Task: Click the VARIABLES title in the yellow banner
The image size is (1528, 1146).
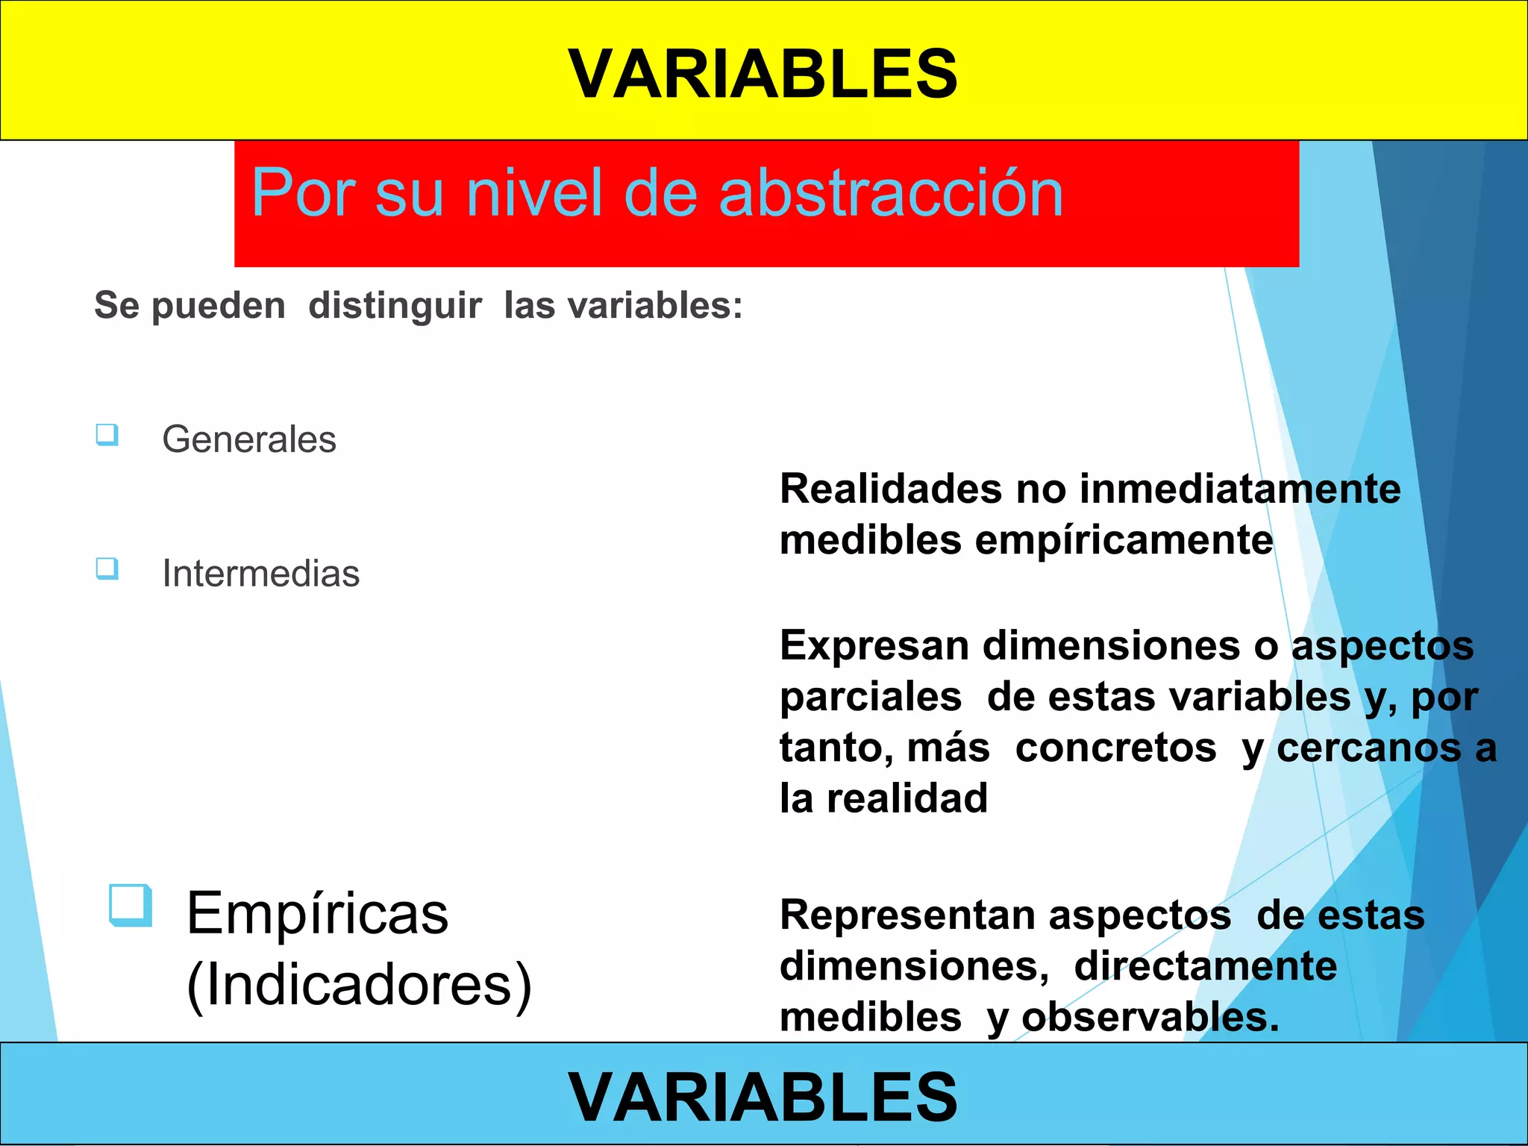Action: (x=763, y=73)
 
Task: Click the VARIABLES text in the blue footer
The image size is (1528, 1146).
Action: (x=763, y=1095)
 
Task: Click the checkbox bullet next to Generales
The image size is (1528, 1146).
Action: (x=107, y=434)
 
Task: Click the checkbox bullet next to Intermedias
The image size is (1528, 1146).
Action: (x=107, y=569)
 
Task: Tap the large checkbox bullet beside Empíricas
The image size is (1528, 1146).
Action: (x=131, y=905)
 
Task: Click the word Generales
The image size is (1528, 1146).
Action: (x=249, y=439)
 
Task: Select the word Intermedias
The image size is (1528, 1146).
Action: (x=261, y=573)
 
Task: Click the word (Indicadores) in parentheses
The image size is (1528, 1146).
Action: (x=359, y=985)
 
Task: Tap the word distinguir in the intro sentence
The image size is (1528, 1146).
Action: (x=395, y=306)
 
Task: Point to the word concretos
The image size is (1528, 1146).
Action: (x=1115, y=748)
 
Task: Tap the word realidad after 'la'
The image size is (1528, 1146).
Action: (x=907, y=798)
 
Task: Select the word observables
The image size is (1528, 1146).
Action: (x=1149, y=1018)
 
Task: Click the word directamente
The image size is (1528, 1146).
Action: (x=1205, y=966)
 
